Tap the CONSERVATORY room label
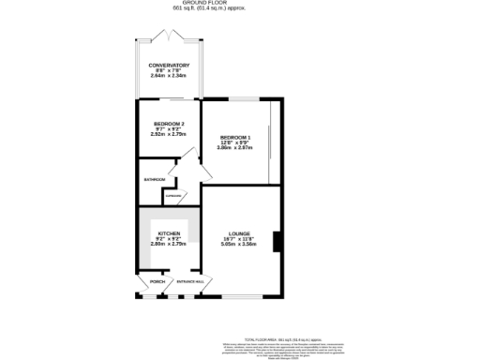[170, 66]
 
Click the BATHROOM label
[154, 179]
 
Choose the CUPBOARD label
[172, 196]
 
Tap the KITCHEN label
[169, 232]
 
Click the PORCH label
[157, 281]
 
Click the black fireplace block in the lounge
[275, 241]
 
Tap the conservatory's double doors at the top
[170, 37]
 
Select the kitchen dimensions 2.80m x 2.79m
[169, 244]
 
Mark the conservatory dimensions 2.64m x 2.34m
[170, 76]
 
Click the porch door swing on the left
[145, 283]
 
